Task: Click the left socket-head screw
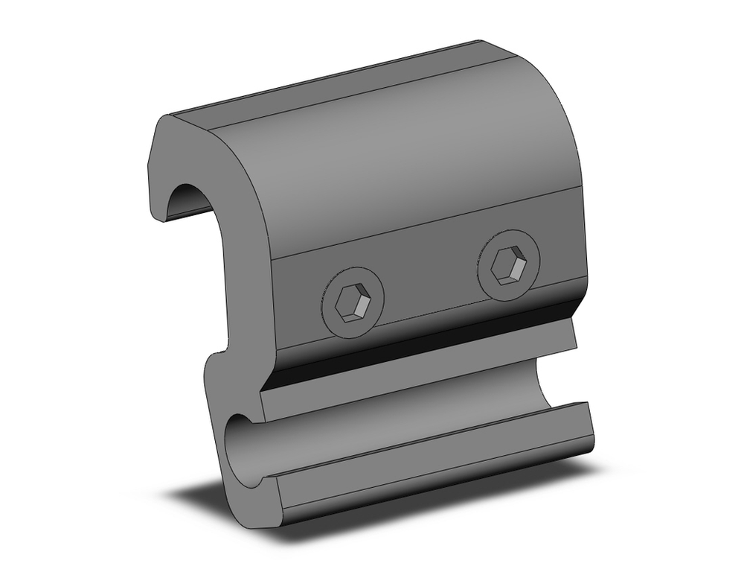point(353,302)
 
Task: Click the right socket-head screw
point(507,266)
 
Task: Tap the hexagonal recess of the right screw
point(510,265)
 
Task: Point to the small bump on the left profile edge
point(217,350)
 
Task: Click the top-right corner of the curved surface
point(482,42)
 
